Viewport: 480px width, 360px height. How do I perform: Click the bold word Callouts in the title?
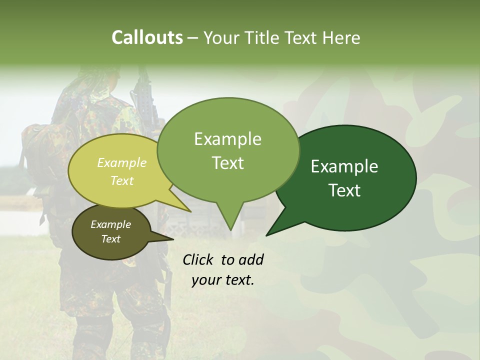[x=147, y=38]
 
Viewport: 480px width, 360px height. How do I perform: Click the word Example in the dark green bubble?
[x=344, y=166]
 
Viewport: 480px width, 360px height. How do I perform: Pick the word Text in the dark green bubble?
[x=344, y=190]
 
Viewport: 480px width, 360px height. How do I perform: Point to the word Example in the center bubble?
[x=227, y=139]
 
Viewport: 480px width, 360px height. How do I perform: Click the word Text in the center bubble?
[x=227, y=163]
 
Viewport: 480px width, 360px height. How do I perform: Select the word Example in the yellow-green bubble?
[x=122, y=163]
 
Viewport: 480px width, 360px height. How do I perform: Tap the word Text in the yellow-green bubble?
[x=122, y=180]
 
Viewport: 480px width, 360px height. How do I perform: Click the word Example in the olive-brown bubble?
[x=110, y=224]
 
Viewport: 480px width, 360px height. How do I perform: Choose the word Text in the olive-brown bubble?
[x=110, y=239]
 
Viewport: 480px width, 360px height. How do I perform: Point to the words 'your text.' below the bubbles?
[x=223, y=280]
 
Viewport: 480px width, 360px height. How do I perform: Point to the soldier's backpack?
[x=37, y=150]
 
